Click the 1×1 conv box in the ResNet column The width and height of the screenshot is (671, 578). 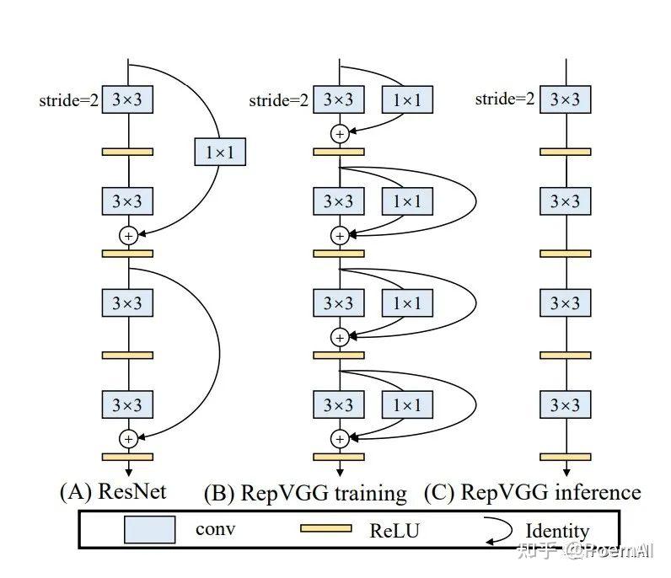click(220, 152)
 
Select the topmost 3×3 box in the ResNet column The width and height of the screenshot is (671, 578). click(128, 100)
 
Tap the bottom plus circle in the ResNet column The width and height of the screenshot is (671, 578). click(128, 438)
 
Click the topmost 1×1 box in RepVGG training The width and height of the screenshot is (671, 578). click(407, 100)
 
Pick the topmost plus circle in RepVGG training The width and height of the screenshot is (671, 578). click(340, 133)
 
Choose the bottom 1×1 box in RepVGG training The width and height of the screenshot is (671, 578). click(407, 405)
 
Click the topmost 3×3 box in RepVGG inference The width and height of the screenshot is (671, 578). click(565, 99)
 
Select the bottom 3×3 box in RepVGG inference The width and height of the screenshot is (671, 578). click(565, 405)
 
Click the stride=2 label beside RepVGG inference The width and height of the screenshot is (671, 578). click(505, 99)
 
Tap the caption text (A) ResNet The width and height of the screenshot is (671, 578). click(112, 491)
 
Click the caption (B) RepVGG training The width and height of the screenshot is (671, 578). click(305, 493)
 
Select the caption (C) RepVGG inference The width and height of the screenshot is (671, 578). click(531, 492)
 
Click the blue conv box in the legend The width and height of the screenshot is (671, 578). click(150, 530)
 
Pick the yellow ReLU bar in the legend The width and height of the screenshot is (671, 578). click(326, 529)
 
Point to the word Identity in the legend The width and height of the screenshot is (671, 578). click(557, 531)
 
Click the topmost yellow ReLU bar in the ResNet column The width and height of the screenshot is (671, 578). click(128, 152)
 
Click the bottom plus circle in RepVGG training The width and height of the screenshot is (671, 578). click(340, 438)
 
